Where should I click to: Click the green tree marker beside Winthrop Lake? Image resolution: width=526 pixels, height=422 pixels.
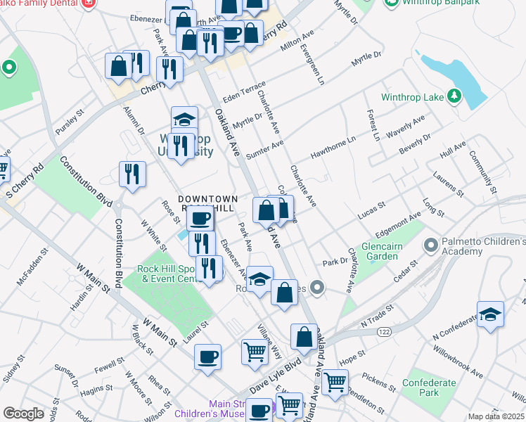point(454,96)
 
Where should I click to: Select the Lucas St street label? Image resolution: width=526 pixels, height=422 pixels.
point(371,209)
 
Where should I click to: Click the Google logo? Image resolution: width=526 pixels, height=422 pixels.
point(23,414)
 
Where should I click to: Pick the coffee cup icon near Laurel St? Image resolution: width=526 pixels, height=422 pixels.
point(207,357)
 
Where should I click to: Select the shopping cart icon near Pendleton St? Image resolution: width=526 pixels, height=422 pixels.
point(335,382)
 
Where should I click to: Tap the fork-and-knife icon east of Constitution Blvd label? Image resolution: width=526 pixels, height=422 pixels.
point(132,174)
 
